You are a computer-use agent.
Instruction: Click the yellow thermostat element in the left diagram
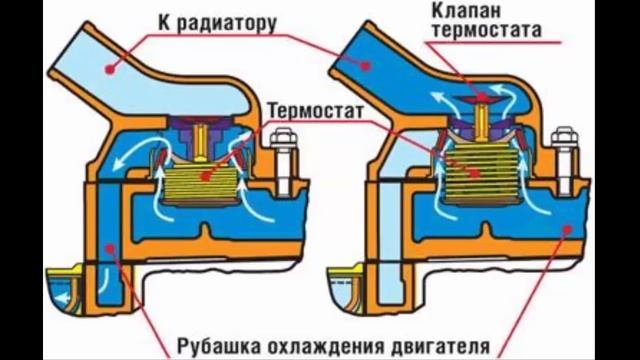[206, 180]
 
